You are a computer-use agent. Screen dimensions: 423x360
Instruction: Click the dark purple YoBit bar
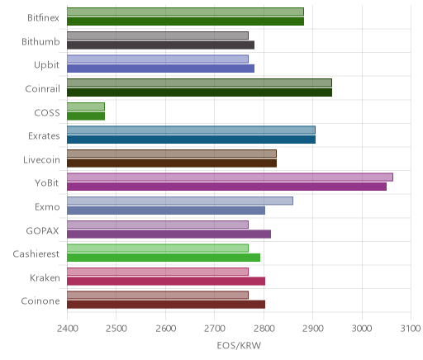pyautogui.click(x=226, y=187)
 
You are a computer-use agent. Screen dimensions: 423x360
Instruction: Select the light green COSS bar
pyautogui.click(x=86, y=107)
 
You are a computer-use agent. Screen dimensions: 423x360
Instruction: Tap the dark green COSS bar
pyautogui.click(x=86, y=116)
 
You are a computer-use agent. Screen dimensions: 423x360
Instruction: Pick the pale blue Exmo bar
pyautogui.click(x=180, y=201)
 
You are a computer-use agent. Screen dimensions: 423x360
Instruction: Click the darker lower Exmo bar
pyautogui.click(x=166, y=211)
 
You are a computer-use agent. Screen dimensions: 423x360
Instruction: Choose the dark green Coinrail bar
pyautogui.click(x=199, y=92)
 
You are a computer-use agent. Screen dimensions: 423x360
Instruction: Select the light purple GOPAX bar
pyautogui.click(x=158, y=225)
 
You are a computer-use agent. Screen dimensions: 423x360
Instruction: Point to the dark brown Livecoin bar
pyautogui.click(x=172, y=163)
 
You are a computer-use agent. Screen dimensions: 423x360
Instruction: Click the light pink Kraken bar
pyautogui.click(x=158, y=272)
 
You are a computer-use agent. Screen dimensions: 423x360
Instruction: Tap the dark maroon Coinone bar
pyautogui.click(x=166, y=305)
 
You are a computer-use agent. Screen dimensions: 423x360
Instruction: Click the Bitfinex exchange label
pyautogui.click(x=43, y=17)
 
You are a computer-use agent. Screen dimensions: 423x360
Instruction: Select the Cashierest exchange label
pyautogui.click(x=36, y=253)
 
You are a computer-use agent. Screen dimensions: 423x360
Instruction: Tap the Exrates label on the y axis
pyautogui.click(x=44, y=136)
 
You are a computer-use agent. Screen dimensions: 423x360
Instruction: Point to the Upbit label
pyautogui.click(x=46, y=65)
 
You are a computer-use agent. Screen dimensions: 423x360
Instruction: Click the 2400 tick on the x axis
pyautogui.click(x=68, y=329)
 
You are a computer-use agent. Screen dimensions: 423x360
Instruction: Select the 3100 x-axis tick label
pyautogui.click(x=411, y=329)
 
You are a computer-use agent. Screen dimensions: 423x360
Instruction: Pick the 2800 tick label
pyautogui.click(x=264, y=329)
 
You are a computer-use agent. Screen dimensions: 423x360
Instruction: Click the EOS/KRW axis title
pyautogui.click(x=239, y=345)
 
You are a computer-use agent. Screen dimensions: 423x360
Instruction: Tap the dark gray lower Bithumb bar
pyautogui.click(x=160, y=45)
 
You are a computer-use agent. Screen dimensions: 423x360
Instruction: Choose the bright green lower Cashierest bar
pyautogui.click(x=164, y=258)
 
